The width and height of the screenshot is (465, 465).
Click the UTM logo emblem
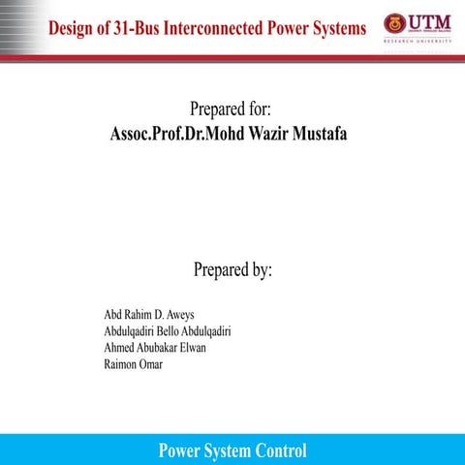click(x=393, y=23)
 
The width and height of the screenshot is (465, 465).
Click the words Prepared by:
click(x=232, y=268)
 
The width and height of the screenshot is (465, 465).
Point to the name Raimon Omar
click(x=133, y=363)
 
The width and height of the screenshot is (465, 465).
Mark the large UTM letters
click(x=431, y=21)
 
